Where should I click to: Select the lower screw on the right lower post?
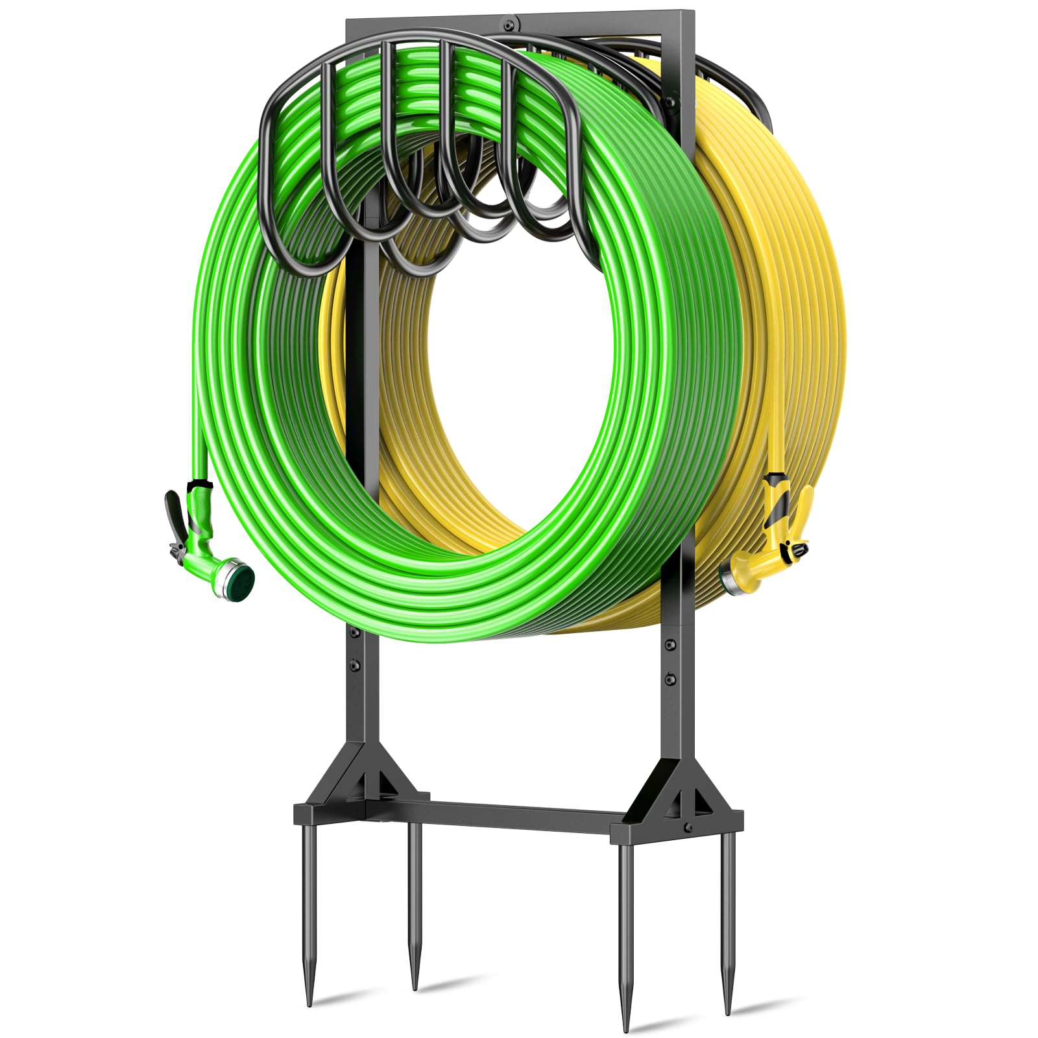670,679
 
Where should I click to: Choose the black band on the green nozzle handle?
199,485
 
